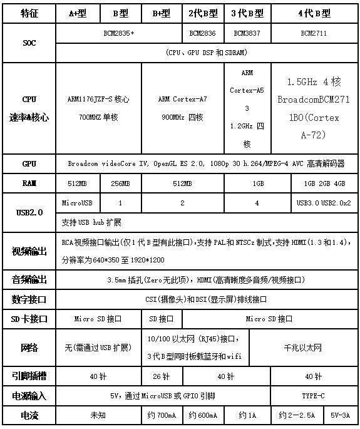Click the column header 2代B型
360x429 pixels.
click(203, 13)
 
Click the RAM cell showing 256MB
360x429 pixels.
click(120, 183)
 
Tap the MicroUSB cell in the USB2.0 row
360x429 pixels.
click(78, 203)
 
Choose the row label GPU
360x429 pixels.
click(29, 163)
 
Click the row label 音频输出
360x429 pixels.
click(29, 279)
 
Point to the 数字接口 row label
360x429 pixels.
click(29, 299)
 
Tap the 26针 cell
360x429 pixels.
click(161, 377)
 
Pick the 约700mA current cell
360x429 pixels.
click(161, 415)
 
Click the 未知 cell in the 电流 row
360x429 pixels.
click(98, 415)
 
